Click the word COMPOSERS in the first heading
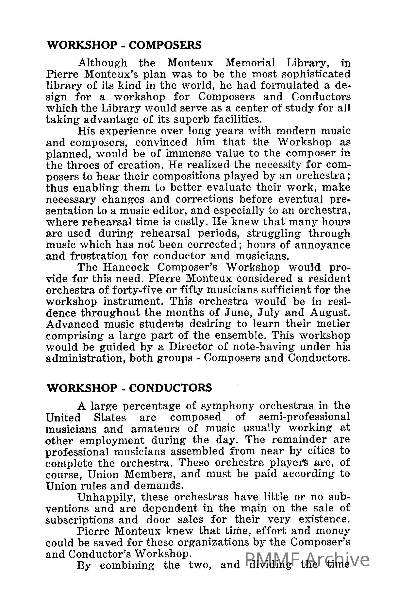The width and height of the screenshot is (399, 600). (x=165, y=45)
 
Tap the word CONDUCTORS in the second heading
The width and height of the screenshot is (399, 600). (x=170, y=388)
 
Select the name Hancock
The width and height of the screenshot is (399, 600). (x=126, y=267)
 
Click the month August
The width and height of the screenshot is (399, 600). (x=330, y=313)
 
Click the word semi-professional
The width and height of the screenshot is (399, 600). (x=304, y=417)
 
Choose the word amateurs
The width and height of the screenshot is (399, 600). (x=155, y=429)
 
